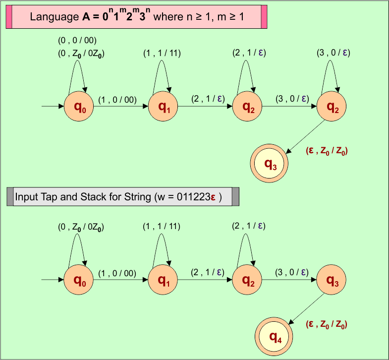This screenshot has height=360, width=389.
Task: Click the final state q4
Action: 276,337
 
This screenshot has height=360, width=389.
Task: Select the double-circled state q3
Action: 271,164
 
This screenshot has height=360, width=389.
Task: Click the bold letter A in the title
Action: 86,17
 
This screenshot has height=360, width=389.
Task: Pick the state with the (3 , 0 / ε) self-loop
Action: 332,106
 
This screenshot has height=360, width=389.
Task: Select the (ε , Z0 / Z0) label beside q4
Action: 326,325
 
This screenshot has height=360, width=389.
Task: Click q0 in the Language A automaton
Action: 79,106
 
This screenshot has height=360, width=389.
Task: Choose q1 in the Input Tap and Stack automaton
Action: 163,280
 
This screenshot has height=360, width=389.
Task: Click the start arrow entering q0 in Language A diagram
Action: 52,106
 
